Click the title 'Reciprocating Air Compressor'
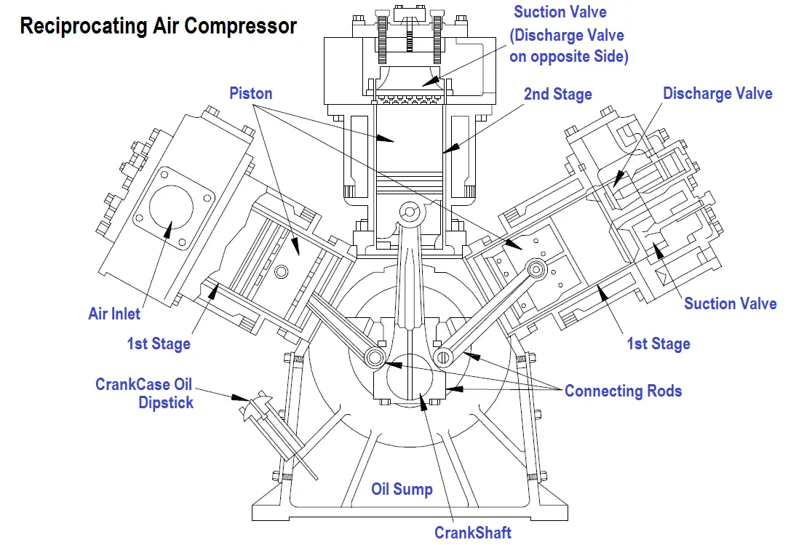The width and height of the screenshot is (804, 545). point(158,26)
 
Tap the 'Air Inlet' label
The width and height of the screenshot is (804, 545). point(114,314)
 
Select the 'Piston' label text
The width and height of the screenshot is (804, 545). point(251,93)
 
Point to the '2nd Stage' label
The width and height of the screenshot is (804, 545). point(558,94)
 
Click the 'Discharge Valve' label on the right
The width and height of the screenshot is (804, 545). point(717,93)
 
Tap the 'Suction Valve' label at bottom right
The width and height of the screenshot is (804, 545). point(730,303)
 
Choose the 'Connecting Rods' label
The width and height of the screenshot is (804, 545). point(623,391)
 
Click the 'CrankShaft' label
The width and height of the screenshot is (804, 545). point(473,532)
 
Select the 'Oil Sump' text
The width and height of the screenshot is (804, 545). point(402,489)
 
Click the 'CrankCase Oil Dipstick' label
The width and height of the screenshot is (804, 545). point(145,393)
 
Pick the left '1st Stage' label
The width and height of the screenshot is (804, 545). point(159,343)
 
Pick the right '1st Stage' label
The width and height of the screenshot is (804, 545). point(658,343)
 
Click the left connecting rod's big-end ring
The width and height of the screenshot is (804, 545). point(375,357)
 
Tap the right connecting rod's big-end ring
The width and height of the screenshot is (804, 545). point(442,357)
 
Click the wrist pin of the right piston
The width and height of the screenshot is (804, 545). point(538,270)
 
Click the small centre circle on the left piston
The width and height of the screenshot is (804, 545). point(281,271)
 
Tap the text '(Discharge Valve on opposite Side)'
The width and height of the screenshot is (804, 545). point(568,46)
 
